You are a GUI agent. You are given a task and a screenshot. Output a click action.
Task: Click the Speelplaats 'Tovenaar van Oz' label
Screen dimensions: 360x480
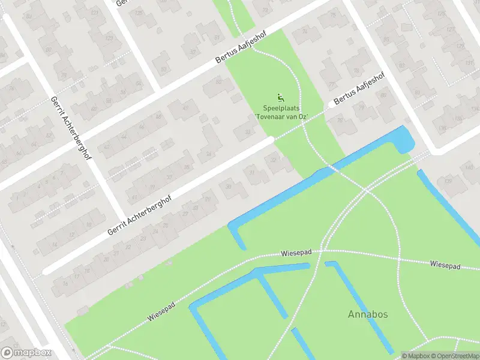[281, 112]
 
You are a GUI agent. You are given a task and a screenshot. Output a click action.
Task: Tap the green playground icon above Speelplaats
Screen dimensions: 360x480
[280, 97]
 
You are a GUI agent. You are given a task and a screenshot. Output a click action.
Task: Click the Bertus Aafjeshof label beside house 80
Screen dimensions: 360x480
[358, 91]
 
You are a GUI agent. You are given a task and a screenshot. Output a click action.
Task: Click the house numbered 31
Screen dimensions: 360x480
[252, 174]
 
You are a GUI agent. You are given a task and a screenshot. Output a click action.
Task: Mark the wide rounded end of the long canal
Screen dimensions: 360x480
[404, 139]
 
